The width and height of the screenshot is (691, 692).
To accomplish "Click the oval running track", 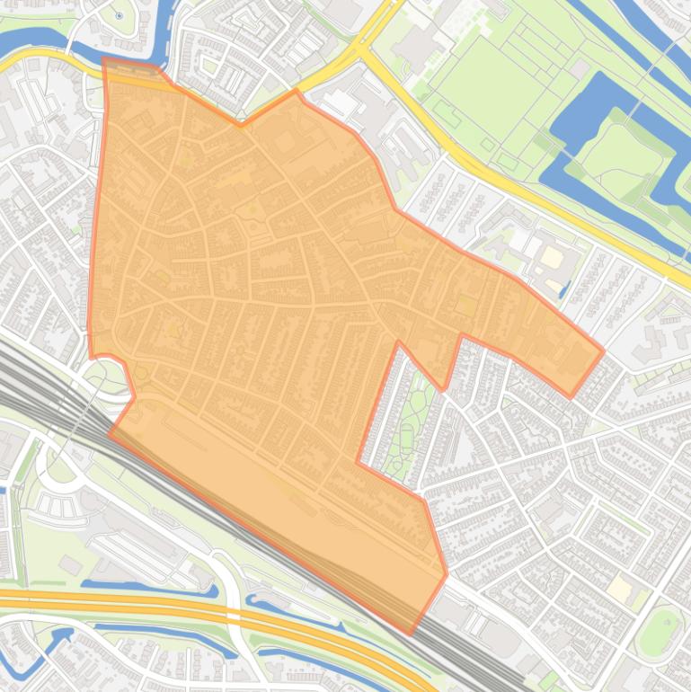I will pos(661,631).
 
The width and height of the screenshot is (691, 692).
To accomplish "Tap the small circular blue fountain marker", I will pos(120,15).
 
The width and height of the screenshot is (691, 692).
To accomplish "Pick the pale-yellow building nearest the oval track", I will pos(620,590).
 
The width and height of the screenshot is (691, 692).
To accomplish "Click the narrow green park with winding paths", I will pos(404,422).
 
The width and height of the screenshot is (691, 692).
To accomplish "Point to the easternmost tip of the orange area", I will pos(603,351).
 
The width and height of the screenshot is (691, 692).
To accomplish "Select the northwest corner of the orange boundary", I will pos(104,58).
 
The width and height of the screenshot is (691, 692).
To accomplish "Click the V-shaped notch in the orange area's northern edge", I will pos(240,125).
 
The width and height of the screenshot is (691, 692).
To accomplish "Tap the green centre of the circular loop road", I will pos(61,467).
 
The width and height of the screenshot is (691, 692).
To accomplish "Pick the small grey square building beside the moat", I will pos(580,69).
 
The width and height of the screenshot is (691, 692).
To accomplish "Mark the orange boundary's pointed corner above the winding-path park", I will pos(398,342).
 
